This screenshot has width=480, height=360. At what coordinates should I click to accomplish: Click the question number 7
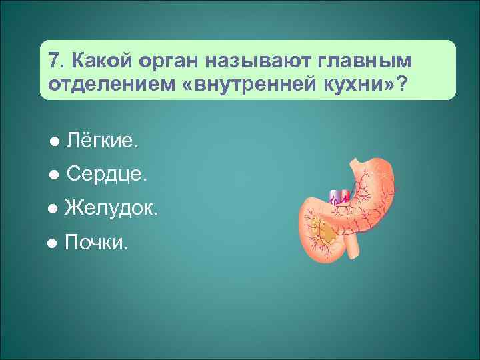click(56, 62)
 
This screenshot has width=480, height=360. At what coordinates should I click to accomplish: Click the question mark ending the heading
click(403, 86)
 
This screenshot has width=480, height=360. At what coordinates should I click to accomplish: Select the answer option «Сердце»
click(107, 175)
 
